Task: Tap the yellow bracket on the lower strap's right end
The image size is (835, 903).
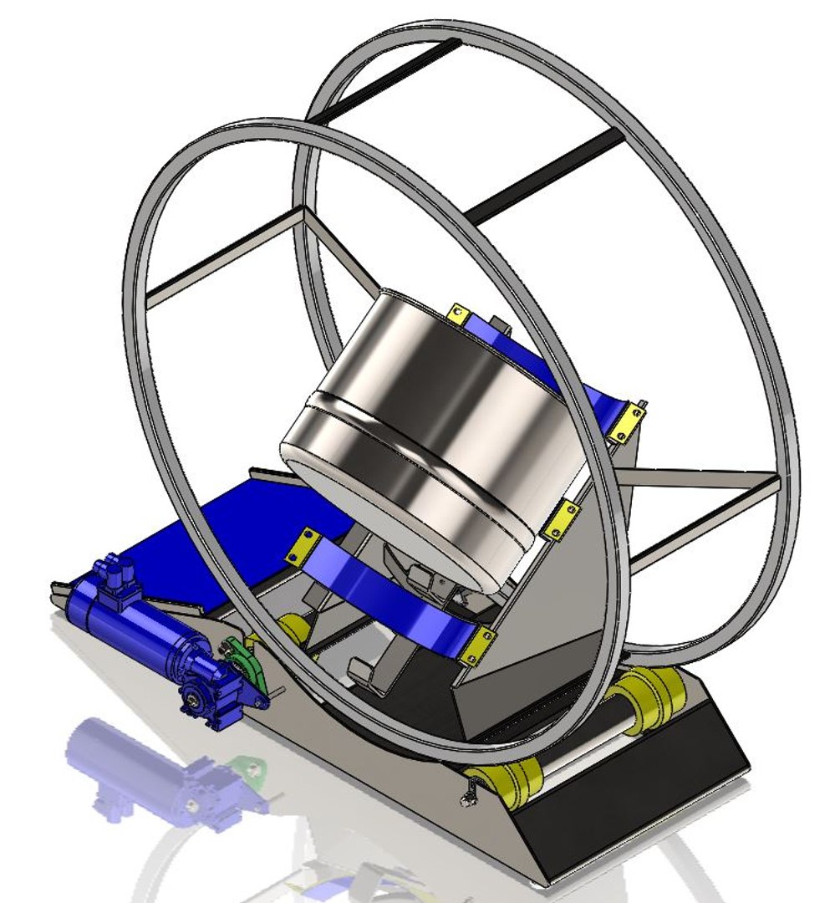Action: pyautogui.click(x=477, y=649)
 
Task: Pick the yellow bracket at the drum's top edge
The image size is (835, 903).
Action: pyautogui.click(x=458, y=314)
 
